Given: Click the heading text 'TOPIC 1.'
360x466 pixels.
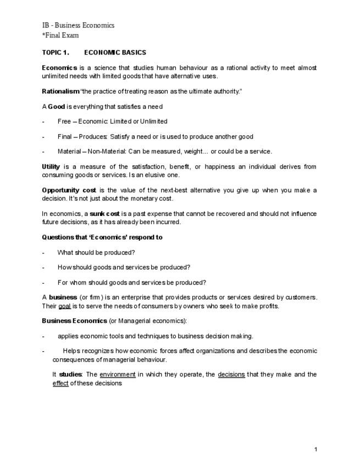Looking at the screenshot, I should click(56, 53).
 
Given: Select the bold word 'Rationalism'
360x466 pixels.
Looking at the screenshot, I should click(60, 91).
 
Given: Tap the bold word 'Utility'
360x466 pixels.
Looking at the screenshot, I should click(51, 167).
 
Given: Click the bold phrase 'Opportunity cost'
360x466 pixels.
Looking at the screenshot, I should click(69, 190).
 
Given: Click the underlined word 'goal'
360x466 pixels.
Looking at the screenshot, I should click(65, 306).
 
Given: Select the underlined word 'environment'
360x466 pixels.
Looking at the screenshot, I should click(118, 375).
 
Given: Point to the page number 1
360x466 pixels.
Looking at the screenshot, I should click(316, 450).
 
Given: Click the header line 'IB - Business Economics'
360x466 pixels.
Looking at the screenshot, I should click(78, 25).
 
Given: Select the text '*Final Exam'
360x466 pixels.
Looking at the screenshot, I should click(60, 35).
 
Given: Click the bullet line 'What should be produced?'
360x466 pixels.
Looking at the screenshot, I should click(96, 253).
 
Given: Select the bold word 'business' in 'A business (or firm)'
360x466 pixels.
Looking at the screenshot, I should click(63, 297).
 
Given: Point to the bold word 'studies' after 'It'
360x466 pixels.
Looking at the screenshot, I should click(70, 375).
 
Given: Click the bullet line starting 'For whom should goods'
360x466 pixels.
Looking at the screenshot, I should click(131, 282).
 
